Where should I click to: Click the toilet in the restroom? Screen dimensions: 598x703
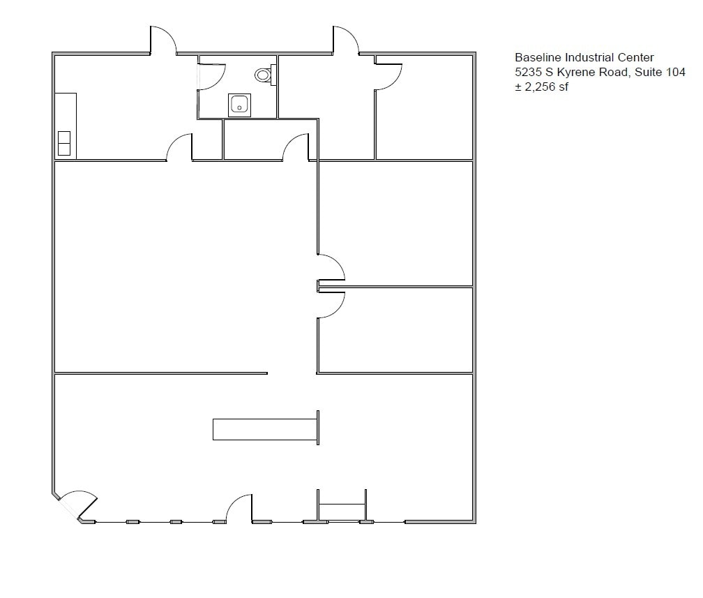264,73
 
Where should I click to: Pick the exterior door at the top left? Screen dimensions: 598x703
163,41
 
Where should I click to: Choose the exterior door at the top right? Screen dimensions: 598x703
346,41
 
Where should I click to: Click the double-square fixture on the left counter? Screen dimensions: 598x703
63,142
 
